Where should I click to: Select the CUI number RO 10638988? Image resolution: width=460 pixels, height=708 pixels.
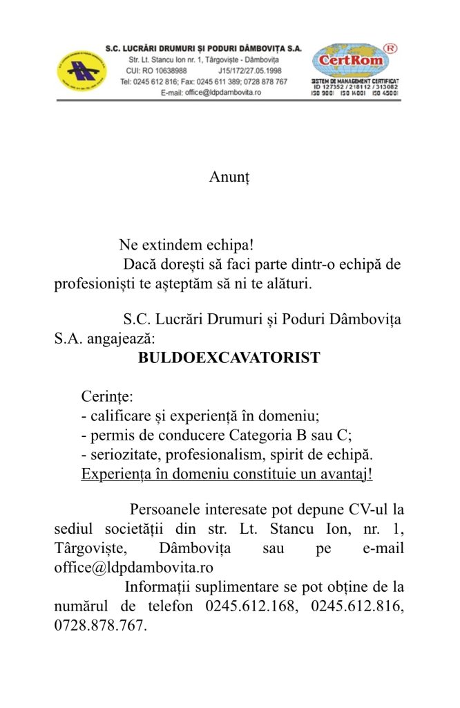click(157, 71)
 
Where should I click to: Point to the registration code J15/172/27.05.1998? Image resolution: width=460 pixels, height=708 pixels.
click(250, 71)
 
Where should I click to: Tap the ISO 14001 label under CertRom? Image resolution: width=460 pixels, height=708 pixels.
click(353, 93)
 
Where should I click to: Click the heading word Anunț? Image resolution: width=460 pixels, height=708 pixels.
click(229, 177)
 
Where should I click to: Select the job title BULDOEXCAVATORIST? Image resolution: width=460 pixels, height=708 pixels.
click(229, 357)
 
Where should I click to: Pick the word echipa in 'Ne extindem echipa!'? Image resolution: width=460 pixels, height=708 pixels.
click(229, 245)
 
